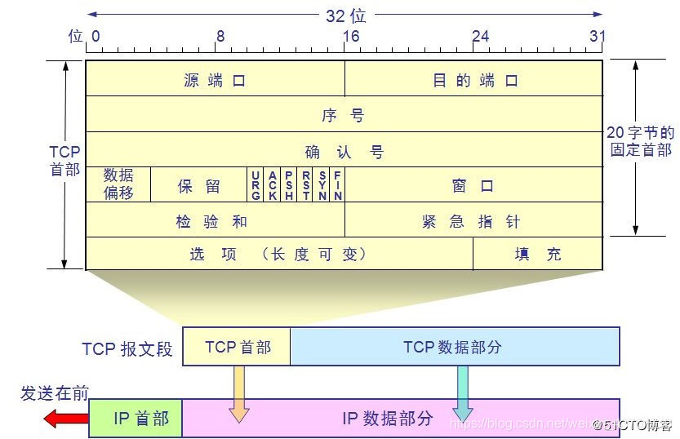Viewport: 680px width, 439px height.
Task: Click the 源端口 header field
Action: (x=215, y=80)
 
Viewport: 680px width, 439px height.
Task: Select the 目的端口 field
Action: (x=474, y=80)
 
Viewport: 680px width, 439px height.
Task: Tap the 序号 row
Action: (x=344, y=115)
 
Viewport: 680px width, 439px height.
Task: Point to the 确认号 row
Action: (x=344, y=151)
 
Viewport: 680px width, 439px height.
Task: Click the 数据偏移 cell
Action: (x=118, y=184)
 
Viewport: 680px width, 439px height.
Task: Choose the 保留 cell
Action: (x=198, y=185)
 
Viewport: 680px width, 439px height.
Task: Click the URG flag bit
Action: (x=256, y=185)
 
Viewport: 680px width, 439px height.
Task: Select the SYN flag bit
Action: (x=322, y=185)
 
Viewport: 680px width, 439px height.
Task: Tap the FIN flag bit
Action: (x=337, y=185)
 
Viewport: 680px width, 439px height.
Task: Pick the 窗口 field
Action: (x=473, y=185)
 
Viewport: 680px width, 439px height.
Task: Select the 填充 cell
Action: (x=538, y=254)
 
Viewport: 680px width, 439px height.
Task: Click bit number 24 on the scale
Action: (x=481, y=36)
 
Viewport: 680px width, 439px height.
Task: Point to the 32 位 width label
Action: (x=345, y=15)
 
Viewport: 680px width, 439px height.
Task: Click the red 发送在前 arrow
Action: (x=66, y=419)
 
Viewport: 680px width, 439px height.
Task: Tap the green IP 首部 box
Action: (x=136, y=419)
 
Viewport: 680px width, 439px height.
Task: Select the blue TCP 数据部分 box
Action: (x=455, y=347)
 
